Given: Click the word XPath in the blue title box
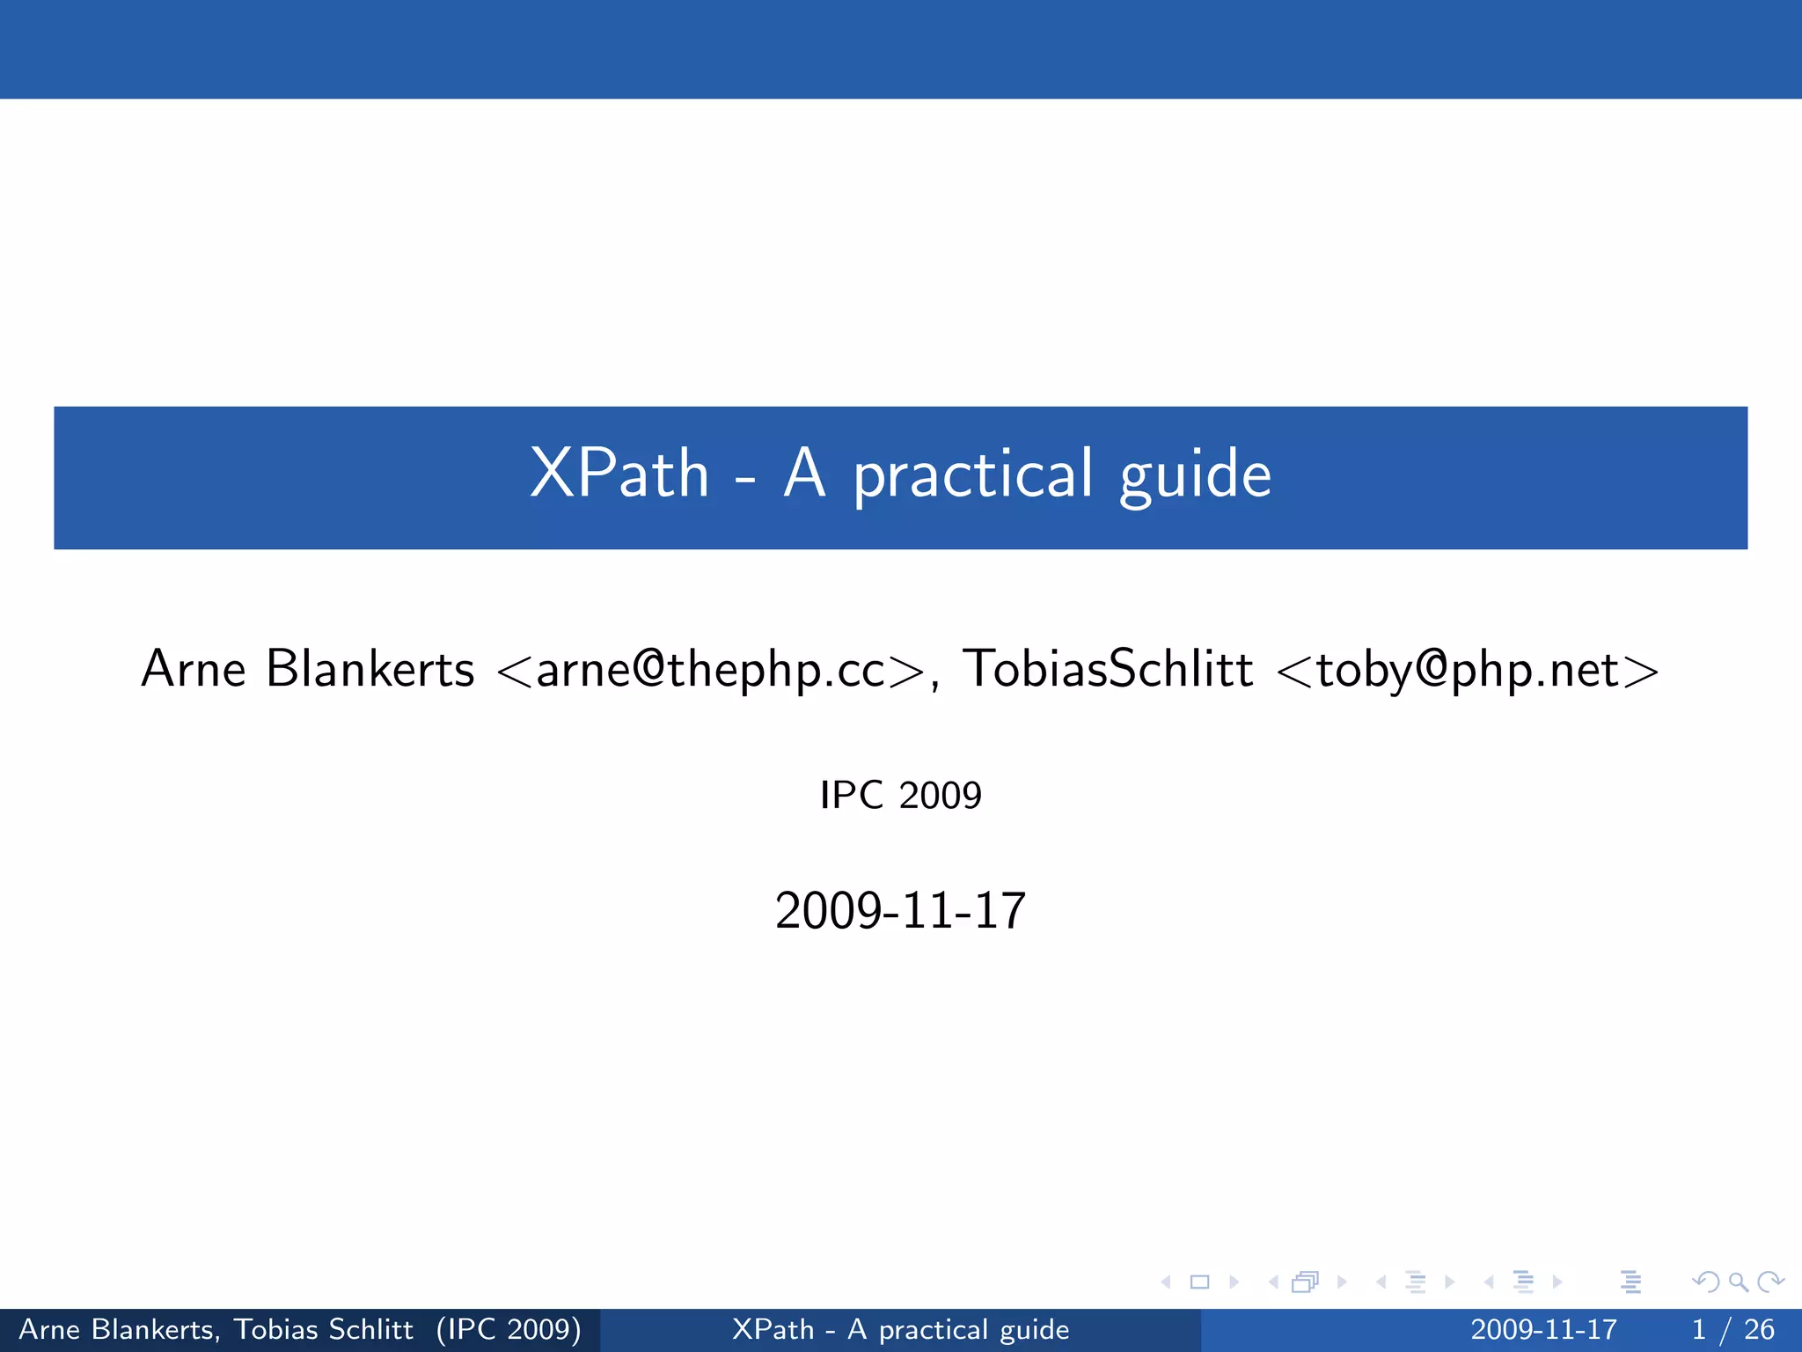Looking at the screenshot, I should pos(619,474).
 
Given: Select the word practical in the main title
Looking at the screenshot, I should pos(973,476).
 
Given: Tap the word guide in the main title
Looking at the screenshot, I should pos(1195,476).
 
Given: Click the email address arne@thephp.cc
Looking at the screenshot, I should pos(711,670).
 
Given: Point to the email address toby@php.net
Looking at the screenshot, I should pos(1468,670).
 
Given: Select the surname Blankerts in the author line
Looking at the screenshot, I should pos(370,668).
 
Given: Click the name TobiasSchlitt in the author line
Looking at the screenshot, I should pos(1108,668).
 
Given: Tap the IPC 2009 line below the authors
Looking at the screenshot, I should pos(900,795).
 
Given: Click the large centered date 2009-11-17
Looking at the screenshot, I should pos(900,910).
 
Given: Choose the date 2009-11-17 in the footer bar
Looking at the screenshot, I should pos(1543,1329).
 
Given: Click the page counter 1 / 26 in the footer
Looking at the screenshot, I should pos(1732,1329).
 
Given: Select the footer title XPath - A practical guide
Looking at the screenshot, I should pos(900,1329).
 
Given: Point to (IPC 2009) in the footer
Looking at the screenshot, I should pos(509,1329).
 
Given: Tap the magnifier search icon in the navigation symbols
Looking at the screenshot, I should pos(1738,1282).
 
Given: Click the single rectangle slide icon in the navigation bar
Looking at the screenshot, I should pos(1199,1282).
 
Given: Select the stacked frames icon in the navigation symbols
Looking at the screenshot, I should pos(1305,1282).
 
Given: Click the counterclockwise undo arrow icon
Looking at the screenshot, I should pos(1705,1282).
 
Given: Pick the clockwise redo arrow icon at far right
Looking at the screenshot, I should pos(1769,1282).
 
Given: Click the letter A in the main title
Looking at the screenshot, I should pos(805,474).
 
